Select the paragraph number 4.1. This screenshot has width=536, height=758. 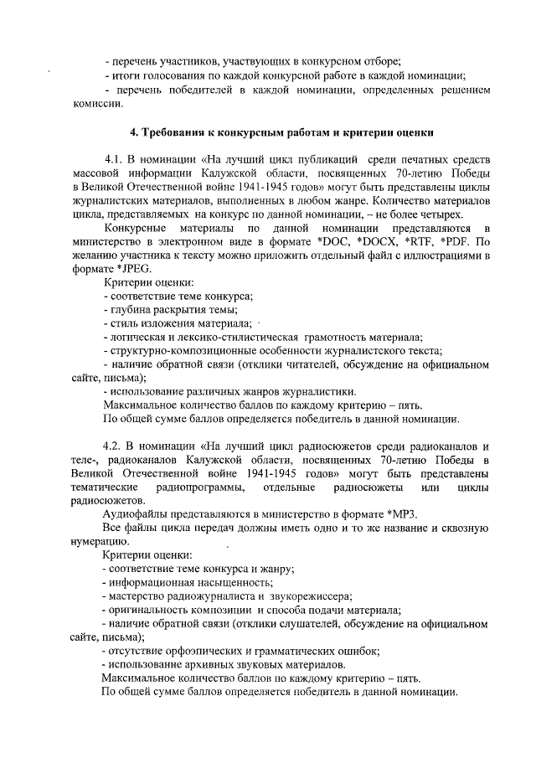[x=114, y=159]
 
